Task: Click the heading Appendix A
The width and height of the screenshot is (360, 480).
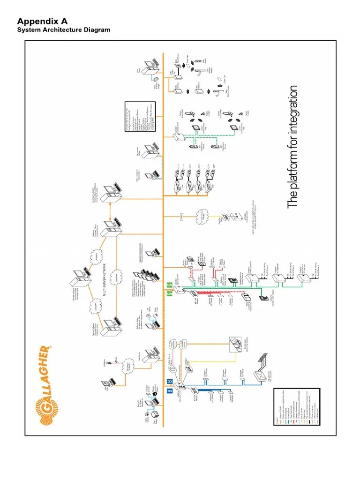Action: point(43,21)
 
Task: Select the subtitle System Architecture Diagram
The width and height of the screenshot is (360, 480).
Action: point(64,30)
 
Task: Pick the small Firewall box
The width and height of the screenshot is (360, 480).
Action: point(181,217)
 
